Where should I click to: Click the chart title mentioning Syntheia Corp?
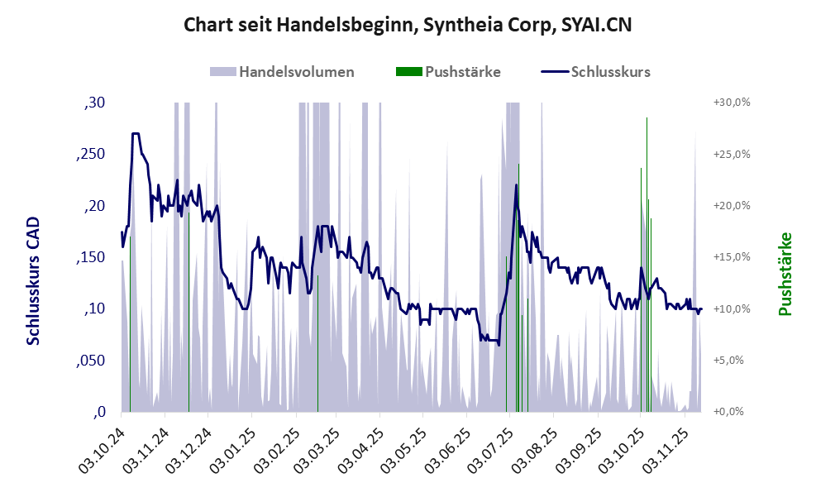point(408,25)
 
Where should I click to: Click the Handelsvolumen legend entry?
point(297,71)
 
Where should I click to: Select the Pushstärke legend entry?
point(462,71)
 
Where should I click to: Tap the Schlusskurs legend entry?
point(610,71)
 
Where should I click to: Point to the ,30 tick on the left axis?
point(95,103)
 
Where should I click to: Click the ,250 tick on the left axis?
point(92,155)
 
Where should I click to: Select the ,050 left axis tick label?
point(92,361)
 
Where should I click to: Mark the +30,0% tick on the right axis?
point(730,103)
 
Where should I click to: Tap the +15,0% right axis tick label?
point(730,257)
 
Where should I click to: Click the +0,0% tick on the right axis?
point(732,412)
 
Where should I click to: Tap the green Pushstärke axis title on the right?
point(785,274)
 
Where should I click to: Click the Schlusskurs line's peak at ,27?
point(135,133)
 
